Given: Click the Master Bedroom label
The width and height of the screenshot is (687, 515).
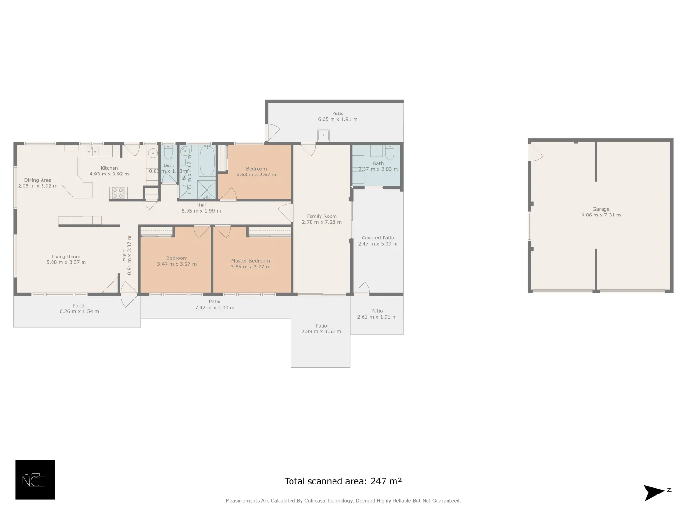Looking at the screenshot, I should click(250, 261).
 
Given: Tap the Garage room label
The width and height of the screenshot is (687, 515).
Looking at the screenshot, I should click(601, 209).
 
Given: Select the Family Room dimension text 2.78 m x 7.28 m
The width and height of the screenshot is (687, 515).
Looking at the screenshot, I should click(322, 222).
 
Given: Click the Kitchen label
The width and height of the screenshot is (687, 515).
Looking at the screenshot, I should click(109, 168).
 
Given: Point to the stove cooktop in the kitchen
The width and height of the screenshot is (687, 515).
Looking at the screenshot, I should click(117, 193).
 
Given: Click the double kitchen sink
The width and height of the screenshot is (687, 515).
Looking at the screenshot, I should click(92, 152).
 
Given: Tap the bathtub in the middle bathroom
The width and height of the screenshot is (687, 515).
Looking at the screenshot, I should click(207, 162).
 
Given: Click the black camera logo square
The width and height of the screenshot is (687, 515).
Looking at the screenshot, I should click(35, 480).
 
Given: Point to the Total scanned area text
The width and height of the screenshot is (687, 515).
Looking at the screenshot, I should click(343, 481).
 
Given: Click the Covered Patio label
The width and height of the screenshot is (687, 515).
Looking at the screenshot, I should click(378, 237).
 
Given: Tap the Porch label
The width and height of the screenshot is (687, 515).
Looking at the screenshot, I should click(79, 306).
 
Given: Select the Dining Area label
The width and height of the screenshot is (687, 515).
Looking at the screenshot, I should click(38, 180).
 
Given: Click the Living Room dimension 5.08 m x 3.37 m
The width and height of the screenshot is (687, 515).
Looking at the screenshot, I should click(66, 262).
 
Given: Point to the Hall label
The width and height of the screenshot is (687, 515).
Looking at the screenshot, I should click(201, 205).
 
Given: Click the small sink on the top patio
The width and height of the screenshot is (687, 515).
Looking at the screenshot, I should click(323, 135).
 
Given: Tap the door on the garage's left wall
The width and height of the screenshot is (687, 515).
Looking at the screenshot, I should click(535, 153).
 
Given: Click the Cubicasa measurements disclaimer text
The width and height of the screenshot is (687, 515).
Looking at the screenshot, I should click(343, 501).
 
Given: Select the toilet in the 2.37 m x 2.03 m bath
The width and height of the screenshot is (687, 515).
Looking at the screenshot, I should click(390, 153).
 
